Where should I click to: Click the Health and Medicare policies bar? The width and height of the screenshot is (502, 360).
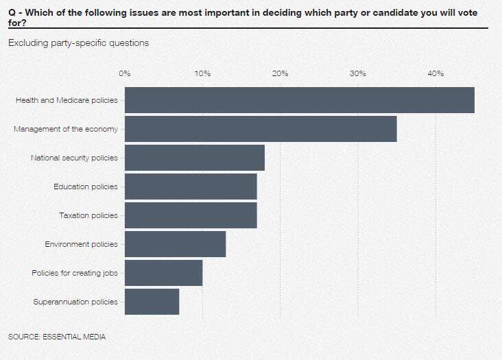point(300,100)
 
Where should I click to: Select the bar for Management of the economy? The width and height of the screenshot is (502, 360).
point(261,129)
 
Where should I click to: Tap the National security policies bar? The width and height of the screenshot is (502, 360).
point(195,158)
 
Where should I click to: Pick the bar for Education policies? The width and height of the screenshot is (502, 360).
point(191,187)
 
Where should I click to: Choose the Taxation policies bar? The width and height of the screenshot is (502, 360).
point(191,215)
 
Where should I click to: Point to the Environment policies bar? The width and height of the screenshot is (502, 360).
point(175,244)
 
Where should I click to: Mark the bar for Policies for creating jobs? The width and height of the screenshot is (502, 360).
point(164,273)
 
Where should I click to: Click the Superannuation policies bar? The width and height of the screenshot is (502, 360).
point(152,302)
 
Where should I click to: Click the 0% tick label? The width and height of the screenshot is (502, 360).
point(125,73)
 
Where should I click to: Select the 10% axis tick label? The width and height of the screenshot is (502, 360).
point(203,73)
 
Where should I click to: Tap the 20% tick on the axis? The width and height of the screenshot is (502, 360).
point(280,73)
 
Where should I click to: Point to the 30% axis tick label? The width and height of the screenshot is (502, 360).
point(358,73)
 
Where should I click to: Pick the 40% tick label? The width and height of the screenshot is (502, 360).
point(435,73)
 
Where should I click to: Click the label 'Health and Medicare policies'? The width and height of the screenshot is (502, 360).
point(67,100)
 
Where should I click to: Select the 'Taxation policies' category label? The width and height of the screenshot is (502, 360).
point(88,215)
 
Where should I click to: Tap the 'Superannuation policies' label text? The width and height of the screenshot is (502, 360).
point(75,302)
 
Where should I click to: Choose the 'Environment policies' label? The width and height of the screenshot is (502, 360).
point(82,244)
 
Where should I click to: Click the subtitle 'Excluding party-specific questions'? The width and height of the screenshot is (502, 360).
point(79,43)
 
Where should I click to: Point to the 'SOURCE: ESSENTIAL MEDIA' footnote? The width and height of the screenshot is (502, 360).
point(57,337)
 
